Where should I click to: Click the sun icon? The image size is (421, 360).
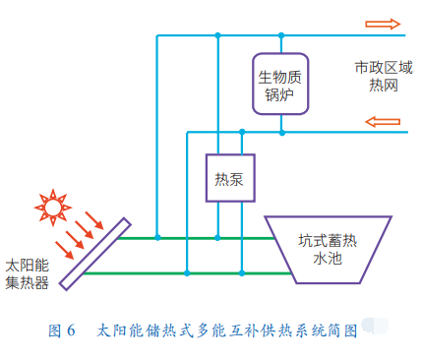tap(53, 208)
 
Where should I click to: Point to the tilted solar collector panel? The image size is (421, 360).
tap(95, 254)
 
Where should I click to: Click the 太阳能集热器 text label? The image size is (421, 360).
tap(28, 274)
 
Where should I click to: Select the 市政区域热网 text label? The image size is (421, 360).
tap(384, 77)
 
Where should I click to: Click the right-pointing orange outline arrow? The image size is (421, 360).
tap(383, 24)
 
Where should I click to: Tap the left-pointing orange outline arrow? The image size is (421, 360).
tap(383, 122)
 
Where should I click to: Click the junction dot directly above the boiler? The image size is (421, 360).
tap(281, 35)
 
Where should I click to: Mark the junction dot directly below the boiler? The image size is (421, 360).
tap(281, 133)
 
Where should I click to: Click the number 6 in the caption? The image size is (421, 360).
tap(71, 330)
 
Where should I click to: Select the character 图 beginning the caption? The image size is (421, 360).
tap(55, 330)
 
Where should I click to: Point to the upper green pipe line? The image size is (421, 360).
tap(196, 238)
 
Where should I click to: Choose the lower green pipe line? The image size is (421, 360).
tap(187, 273)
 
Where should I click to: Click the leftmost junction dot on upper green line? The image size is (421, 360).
tap(157, 237)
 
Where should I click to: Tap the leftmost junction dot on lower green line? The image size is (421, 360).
tap(187, 272)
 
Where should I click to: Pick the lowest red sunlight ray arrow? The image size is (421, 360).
tap(64, 250)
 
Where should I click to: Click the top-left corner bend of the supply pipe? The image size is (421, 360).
tap(157, 35)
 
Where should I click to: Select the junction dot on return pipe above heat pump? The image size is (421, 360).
tap(242, 132)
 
